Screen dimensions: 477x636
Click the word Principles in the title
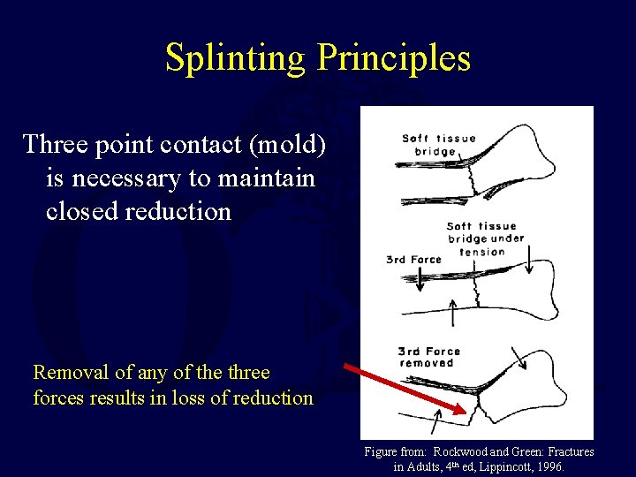pyautogui.click(x=393, y=58)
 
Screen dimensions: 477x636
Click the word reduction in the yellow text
pyautogui.click(x=271, y=397)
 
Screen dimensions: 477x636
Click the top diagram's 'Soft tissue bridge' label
pyautogui.click(x=439, y=145)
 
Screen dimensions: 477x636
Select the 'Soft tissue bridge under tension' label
pyautogui.click(x=485, y=238)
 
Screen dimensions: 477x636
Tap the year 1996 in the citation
pyautogui.click(x=547, y=466)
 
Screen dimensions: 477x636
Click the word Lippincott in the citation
pyautogui.click(x=498, y=466)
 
